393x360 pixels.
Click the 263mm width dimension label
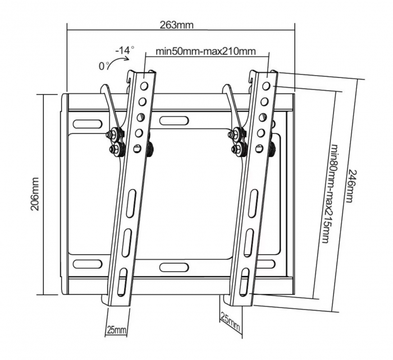176,25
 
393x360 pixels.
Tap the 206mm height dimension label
35,194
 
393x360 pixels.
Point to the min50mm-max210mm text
206,52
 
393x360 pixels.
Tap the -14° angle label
125,50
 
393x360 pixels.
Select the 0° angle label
104,66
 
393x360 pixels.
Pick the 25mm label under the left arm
116,330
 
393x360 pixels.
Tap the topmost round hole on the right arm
267,86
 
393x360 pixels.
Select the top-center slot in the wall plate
174,119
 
